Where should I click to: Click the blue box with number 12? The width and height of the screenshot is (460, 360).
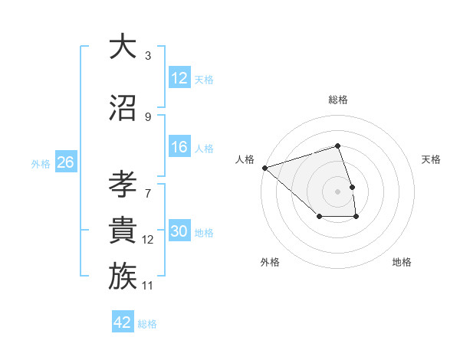179,78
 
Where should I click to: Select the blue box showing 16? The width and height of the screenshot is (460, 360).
179,148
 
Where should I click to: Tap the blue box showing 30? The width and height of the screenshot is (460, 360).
179,232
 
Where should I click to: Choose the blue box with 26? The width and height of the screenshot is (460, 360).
65,162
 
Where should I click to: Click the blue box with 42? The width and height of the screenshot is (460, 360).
123,322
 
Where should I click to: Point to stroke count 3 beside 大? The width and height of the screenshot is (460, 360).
148,56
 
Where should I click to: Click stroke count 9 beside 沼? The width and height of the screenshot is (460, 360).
148,117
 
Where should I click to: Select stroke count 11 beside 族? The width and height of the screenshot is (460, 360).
149,286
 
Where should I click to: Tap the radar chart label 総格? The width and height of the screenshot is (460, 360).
337,100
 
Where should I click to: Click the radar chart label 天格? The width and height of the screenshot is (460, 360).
431,159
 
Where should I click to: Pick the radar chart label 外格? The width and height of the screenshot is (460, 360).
270,263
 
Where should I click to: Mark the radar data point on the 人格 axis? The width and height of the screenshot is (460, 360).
264,167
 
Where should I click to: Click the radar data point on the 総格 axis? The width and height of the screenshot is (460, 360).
337,146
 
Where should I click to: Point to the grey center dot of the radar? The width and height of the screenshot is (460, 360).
337,191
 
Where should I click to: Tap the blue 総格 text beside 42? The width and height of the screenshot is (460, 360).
147,324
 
